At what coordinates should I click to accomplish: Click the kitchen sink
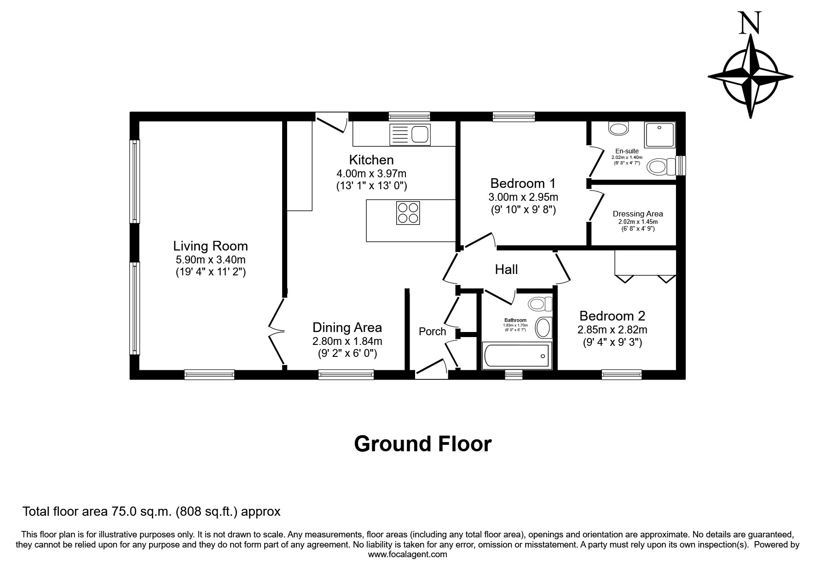point(409,134)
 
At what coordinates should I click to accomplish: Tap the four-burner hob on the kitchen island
point(408,213)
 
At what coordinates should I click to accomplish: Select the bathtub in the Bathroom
point(516,356)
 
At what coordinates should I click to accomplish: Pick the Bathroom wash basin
point(544,327)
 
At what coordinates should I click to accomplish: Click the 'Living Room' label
point(210,246)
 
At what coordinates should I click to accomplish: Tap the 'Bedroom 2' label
point(612,316)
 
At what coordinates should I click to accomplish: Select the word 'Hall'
point(506,269)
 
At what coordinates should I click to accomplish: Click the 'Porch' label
point(432,332)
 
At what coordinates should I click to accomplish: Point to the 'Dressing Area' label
point(638,214)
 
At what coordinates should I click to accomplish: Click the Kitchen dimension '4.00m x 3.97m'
point(371,174)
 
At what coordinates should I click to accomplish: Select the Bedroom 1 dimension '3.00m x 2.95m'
point(523,197)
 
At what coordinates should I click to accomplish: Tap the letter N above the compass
point(750,23)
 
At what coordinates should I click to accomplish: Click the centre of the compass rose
point(751,76)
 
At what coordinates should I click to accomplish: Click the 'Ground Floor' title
point(423,444)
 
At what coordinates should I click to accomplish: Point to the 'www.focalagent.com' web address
point(408,554)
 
